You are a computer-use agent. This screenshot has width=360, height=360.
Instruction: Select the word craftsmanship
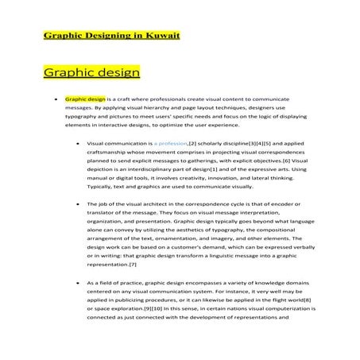pos(109,152)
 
